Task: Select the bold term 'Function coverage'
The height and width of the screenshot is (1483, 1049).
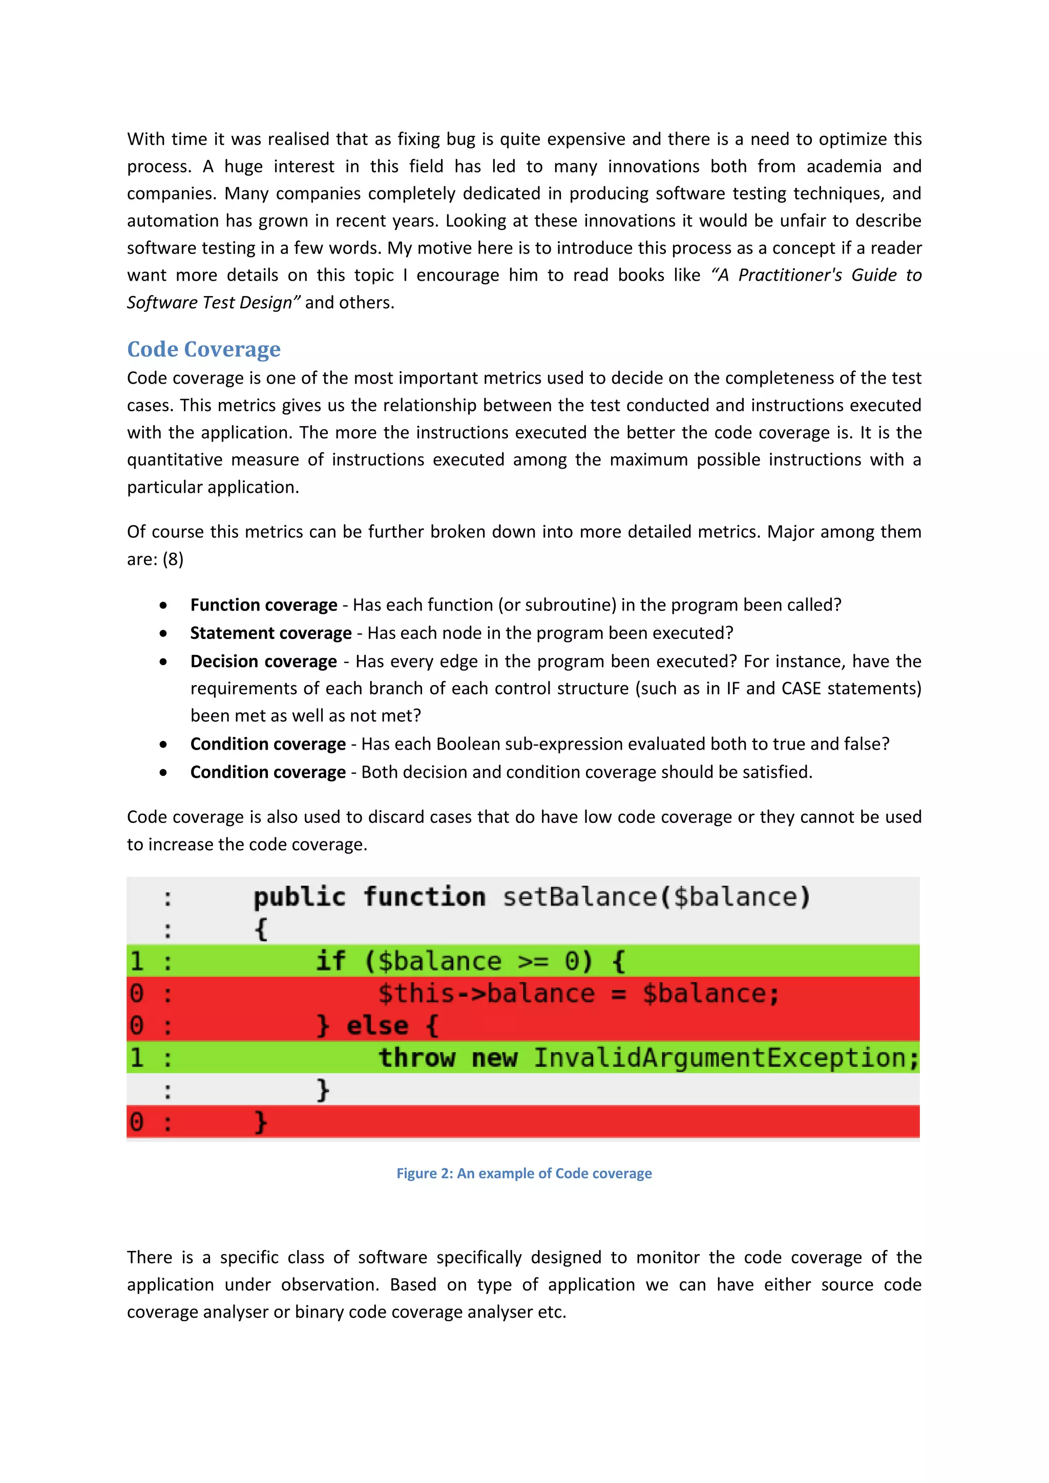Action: coord(264,605)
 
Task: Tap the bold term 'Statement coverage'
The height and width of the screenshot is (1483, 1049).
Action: coord(270,633)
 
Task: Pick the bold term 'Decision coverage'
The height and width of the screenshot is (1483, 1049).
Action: coord(264,662)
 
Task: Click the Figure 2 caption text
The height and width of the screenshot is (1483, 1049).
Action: coord(524,1174)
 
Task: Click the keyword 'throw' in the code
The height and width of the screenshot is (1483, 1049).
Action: coord(416,1058)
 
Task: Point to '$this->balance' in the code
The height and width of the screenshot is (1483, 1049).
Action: coord(486,993)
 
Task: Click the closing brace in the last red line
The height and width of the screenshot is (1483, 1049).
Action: coord(260,1122)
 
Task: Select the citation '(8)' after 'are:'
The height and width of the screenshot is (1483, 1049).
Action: coord(173,559)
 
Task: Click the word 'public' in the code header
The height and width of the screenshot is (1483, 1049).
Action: coord(299,897)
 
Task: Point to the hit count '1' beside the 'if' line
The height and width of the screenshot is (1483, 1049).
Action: coord(137,961)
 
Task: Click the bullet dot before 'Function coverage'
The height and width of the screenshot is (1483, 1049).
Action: coord(163,606)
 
